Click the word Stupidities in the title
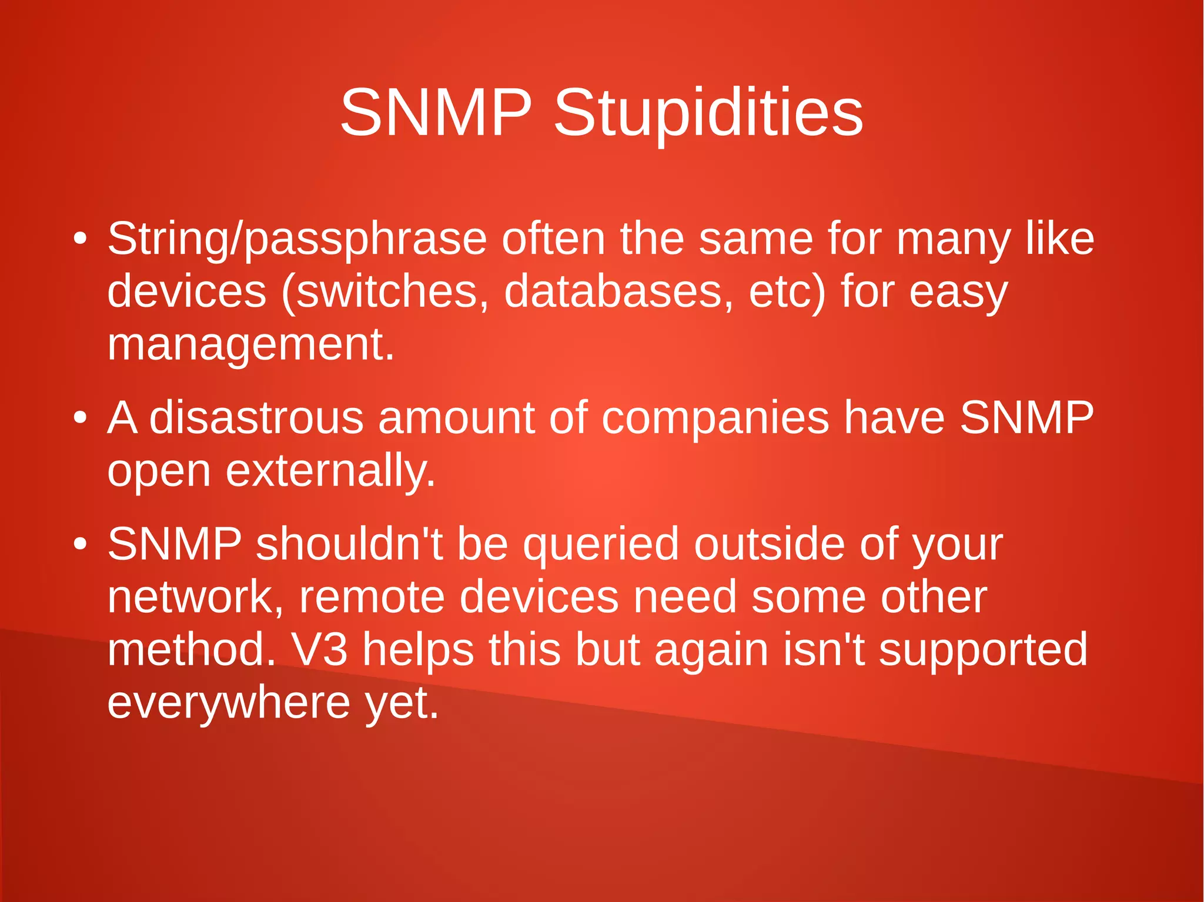[708, 113]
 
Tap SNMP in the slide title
[436, 113]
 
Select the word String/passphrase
[297, 240]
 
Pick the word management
[250, 344]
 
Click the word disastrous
[257, 418]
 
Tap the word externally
[330, 471]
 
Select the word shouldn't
[349, 544]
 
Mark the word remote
[372, 597]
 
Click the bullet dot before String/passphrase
[81, 240]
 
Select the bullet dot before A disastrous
[81, 418]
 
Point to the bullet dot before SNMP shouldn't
[81, 544]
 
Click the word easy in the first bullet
[958, 293]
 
